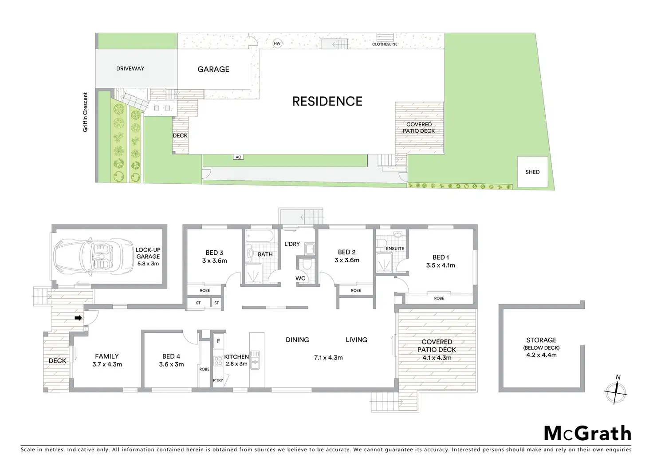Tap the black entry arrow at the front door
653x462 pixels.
(78, 318)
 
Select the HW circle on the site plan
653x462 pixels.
(277, 43)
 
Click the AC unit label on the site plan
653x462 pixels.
(238, 157)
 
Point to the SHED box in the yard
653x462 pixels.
(532, 172)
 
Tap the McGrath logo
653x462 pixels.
(587, 433)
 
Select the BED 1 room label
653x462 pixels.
(441, 257)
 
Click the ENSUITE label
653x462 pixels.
(395, 249)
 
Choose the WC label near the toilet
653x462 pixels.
(300, 279)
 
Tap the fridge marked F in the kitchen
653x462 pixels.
(218, 341)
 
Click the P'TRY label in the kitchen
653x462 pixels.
(218, 380)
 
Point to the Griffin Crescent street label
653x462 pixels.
(85, 112)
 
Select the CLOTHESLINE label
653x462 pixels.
(385, 44)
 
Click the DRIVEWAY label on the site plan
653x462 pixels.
(130, 69)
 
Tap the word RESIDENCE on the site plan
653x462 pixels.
(327, 102)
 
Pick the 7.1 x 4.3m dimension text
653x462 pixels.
(328, 358)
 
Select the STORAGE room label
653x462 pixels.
(541, 340)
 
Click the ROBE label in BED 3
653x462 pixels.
(205, 290)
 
